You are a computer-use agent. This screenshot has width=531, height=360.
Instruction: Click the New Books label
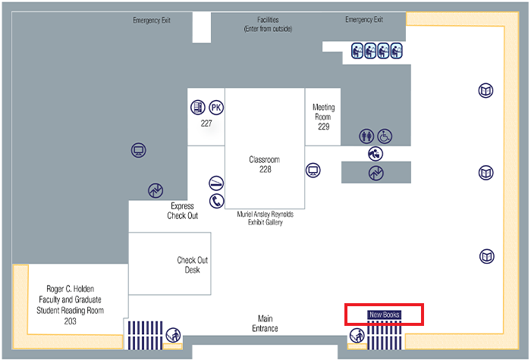[x=384, y=314]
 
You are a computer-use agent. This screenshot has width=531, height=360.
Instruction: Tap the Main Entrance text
[x=265, y=324]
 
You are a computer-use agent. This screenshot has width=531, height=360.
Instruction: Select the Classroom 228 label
[x=265, y=164]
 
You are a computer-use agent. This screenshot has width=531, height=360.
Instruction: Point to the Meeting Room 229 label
[x=324, y=117]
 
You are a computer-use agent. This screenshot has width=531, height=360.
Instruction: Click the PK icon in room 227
[x=216, y=107]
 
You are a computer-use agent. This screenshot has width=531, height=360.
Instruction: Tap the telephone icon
[x=217, y=201]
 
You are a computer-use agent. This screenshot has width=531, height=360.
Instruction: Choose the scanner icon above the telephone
[x=217, y=183]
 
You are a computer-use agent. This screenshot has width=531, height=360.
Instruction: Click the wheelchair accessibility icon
[x=385, y=136]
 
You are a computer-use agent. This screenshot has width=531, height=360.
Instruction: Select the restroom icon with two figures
[x=367, y=136]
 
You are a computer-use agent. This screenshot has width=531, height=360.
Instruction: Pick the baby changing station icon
[x=375, y=153]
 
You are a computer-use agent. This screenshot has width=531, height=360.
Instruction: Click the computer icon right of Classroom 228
[x=313, y=170]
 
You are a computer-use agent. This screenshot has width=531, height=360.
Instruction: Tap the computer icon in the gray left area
[x=138, y=150]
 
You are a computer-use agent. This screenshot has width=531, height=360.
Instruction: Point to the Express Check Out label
[x=183, y=211]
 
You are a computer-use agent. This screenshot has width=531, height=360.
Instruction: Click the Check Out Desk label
[x=192, y=265]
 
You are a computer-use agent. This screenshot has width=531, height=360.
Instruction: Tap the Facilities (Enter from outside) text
[x=268, y=24]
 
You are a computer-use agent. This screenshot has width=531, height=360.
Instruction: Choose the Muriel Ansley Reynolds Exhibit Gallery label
[x=265, y=218]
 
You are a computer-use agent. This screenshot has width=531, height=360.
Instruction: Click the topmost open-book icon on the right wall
[x=486, y=91]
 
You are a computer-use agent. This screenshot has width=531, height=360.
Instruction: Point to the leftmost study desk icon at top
[x=358, y=52]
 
